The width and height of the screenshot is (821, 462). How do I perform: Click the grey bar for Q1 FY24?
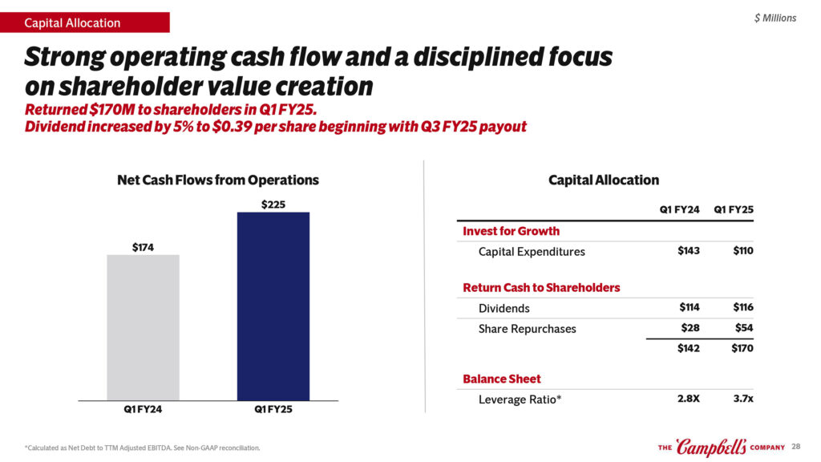tap(143, 327)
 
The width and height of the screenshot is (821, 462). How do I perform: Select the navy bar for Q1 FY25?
tap(273, 306)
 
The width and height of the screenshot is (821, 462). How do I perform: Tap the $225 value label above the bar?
tap(273, 205)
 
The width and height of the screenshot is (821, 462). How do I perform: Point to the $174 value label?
tap(144, 248)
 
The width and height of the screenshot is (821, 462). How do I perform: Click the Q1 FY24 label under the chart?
tap(143, 409)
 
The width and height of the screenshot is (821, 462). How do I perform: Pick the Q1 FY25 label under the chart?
tap(273, 409)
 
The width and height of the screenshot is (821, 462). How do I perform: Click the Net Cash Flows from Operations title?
tap(217, 180)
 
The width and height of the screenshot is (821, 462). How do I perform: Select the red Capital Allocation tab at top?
tap(85, 22)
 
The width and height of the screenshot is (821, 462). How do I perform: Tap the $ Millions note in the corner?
tap(775, 18)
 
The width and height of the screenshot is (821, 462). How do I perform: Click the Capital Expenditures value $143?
tap(688, 251)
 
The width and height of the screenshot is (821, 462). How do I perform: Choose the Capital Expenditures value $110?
tap(743, 251)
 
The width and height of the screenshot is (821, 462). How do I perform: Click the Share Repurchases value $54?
tap(743, 328)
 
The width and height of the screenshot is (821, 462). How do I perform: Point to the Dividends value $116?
tap(743, 308)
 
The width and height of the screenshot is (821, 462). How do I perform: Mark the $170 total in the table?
tap(742, 349)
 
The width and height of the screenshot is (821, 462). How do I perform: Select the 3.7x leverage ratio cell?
tap(743, 399)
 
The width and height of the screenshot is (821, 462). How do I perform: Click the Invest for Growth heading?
tap(511, 231)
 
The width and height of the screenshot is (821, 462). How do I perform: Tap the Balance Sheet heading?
tap(502, 379)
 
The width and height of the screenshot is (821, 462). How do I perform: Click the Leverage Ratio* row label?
tap(520, 399)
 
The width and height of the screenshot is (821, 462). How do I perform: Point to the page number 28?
tap(796, 446)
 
